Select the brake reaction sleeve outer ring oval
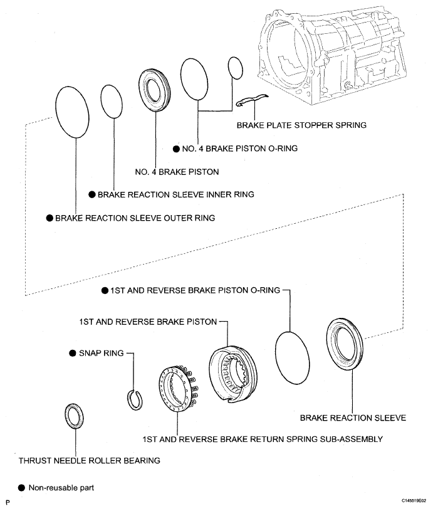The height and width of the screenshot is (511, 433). point(76,112)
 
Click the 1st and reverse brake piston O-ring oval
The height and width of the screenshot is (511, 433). point(292,354)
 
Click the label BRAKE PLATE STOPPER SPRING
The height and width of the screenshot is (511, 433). point(301,125)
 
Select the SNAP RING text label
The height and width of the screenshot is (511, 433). point(102,354)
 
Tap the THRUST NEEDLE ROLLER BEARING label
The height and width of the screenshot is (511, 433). point(89,460)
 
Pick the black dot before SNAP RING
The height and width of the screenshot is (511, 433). point(73,354)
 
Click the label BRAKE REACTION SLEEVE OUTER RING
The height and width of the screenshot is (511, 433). point(135,218)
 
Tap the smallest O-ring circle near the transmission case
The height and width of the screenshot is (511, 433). point(235,67)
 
